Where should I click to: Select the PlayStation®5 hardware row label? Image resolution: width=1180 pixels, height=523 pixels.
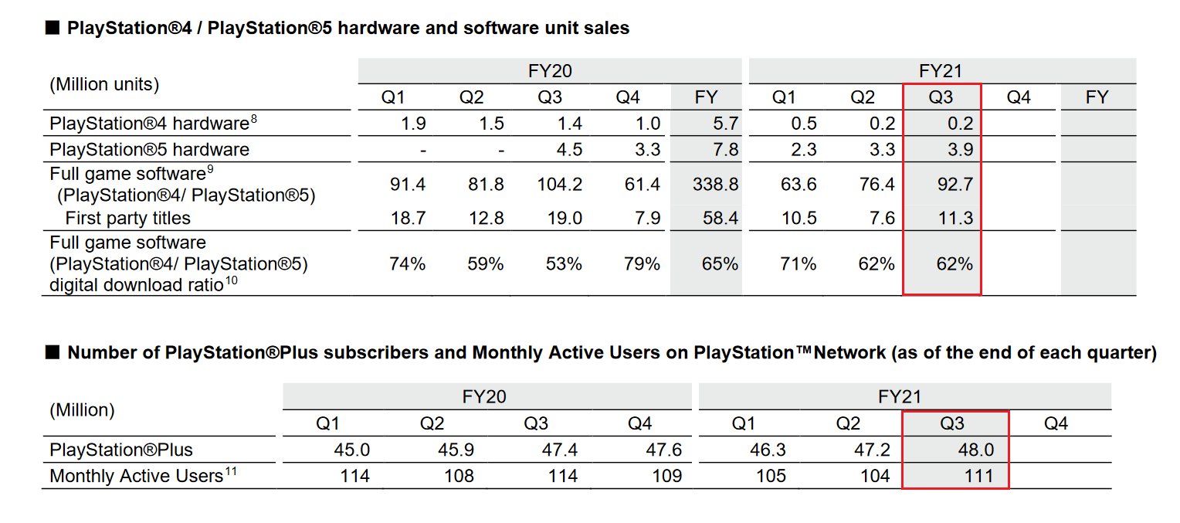[149, 149]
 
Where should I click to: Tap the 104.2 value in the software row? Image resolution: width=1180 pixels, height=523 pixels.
[560, 184]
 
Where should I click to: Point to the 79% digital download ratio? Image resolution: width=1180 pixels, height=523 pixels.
[642, 264]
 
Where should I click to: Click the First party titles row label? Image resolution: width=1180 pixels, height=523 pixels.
[127, 218]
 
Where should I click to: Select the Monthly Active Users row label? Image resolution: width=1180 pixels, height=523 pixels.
[136, 476]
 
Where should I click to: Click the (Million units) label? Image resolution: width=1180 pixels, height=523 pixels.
[104, 84]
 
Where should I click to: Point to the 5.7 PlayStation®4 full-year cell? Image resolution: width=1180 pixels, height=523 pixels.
[726, 123]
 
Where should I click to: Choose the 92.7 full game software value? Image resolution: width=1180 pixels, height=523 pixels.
[956, 184]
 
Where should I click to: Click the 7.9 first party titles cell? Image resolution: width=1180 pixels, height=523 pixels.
[647, 218]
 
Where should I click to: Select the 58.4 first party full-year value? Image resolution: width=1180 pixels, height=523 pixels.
[721, 218]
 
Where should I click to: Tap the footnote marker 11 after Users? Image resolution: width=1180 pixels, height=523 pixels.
[231, 471]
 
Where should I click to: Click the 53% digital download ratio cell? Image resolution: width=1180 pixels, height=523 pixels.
[564, 264]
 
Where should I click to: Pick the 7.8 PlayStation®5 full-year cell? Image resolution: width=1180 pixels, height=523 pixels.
[726, 149]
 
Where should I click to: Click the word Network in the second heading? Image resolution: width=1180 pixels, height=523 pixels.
[850, 353]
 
